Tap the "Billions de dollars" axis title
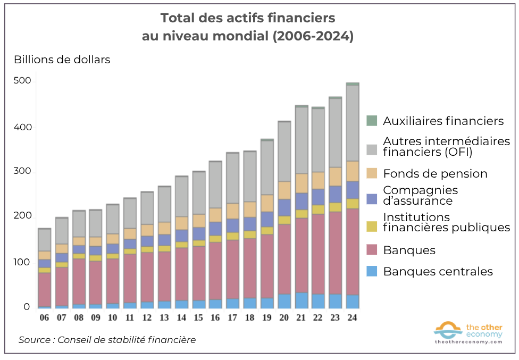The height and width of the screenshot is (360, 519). pos(62,60)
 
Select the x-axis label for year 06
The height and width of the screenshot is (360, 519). pos(45,317)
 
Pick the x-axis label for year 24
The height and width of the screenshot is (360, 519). pos(352,317)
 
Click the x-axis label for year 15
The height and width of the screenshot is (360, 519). pos(198,317)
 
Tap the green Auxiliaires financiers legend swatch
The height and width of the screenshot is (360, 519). pos(372,121)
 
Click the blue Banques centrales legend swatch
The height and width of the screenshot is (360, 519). pos(372,271)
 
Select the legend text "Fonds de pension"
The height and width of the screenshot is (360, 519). pos(435,174)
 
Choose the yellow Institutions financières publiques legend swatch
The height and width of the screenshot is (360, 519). pos(372,222)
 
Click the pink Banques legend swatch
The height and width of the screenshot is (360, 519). pos(372,250)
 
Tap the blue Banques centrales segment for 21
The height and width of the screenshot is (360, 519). pos(301,300)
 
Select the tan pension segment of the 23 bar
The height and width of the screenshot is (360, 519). pos(335,176)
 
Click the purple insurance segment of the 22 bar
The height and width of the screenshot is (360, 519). pos(318,197)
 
